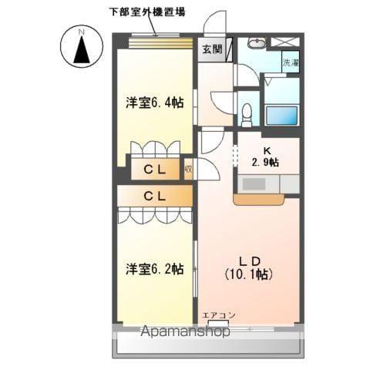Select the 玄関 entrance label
pyautogui.click(x=211, y=49)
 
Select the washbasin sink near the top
pyautogui.click(x=259, y=43)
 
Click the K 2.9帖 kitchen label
pyautogui.click(x=266, y=156)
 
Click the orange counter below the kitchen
pyautogui.click(x=258, y=200)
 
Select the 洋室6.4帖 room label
pyautogui.click(x=154, y=102)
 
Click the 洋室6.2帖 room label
pyautogui.click(x=154, y=268)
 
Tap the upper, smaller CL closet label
pyautogui.click(x=155, y=167)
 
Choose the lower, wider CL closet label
pyautogui.click(x=155, y=196)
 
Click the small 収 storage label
pyautogui.click(x=188, y=167)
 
